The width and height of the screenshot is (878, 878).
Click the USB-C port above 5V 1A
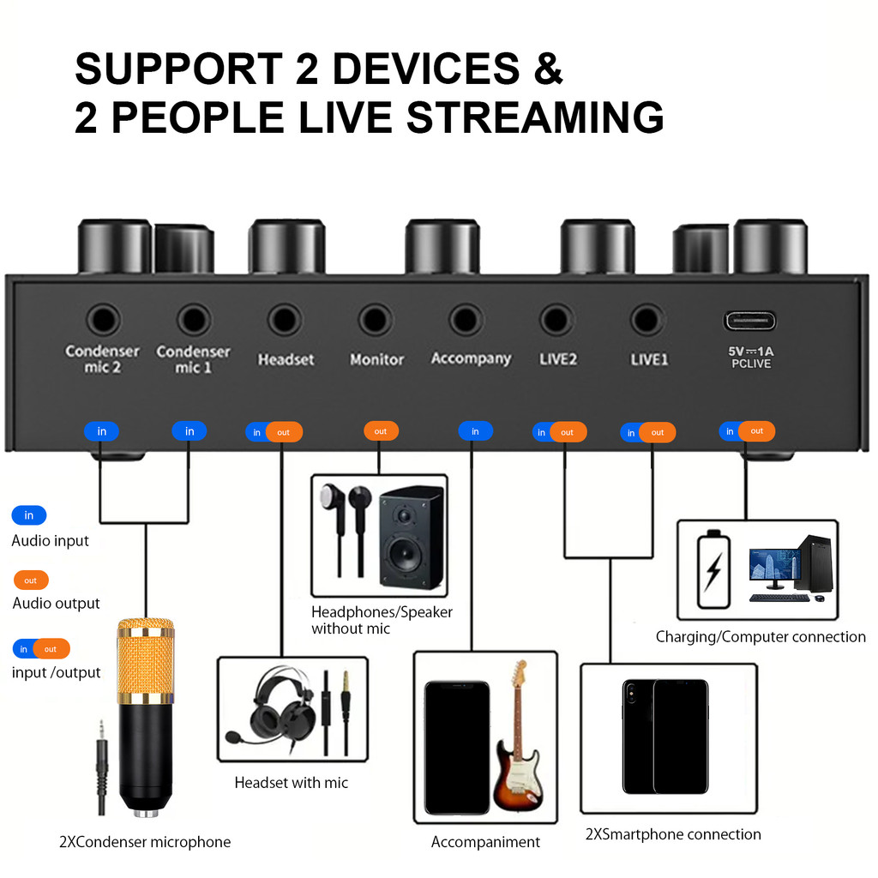tap(749, 321)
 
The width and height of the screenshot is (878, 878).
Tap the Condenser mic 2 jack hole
tap(104, 321)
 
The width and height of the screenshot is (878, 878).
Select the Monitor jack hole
tap(376, 321)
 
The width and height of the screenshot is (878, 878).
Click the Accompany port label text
tap(471, 358)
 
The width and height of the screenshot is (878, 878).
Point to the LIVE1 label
tap(649, 359)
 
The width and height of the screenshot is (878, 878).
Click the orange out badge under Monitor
tap(381, 431)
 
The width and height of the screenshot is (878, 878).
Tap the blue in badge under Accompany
tap(475, 431)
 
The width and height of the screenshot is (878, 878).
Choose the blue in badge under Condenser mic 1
tap(189, 431)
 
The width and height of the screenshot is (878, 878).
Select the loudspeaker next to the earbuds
tap(411, 538)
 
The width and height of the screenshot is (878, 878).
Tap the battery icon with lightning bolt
tap(713, 570)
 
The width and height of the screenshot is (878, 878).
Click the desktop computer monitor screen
tap(774, 565)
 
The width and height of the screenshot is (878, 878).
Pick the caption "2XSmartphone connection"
tap(673, 834)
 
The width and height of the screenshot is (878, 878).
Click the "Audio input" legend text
tap(51, 541)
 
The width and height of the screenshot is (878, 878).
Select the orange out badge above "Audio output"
tap(31, 580)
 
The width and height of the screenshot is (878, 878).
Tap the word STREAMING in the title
tap(535, 118)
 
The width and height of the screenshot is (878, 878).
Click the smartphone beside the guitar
tap(457, 747)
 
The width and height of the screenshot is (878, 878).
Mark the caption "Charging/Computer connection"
tap(761, 637)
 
